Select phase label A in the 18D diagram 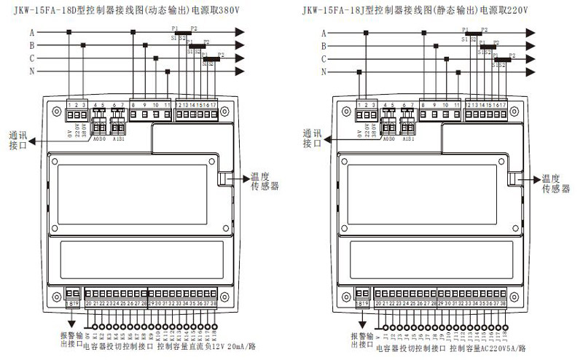33,33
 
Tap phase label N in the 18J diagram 324,71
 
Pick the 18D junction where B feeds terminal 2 82,45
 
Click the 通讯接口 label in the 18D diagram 21,139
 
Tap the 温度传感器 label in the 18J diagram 555,183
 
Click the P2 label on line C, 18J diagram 512,55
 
